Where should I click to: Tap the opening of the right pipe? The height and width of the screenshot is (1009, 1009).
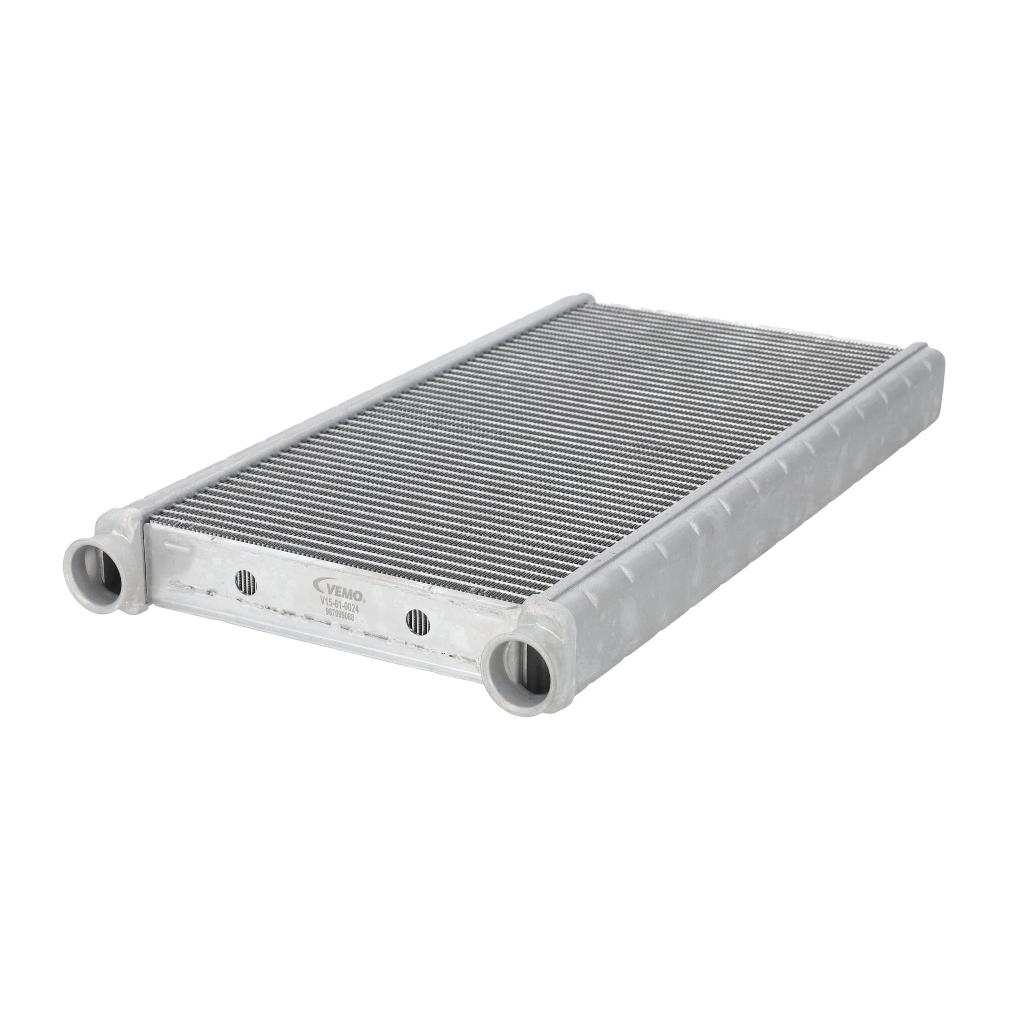pyautogui.click(x=515, y=687)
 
